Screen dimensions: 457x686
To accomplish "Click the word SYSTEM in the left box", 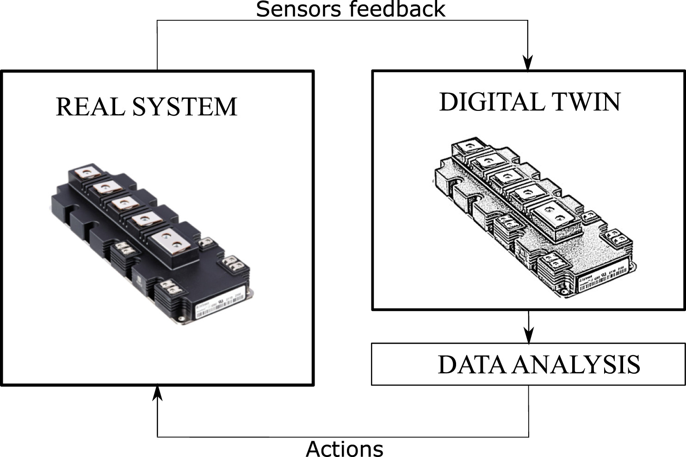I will click(185, 107).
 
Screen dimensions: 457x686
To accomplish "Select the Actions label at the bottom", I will click(345, 449).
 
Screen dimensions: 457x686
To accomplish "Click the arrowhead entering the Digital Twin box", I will click(528, 64).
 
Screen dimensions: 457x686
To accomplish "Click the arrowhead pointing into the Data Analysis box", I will click(528, 336).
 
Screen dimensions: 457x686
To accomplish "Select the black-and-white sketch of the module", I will click(532, 217).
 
